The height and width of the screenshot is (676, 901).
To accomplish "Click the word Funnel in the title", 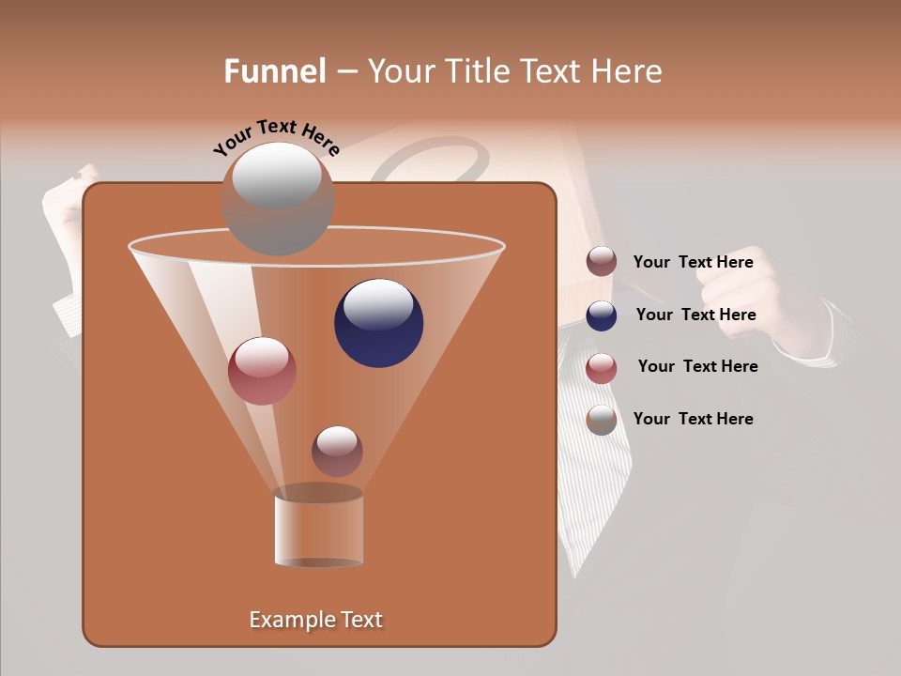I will (x=274, y=71).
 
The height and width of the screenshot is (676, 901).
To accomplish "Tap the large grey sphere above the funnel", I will (x=278, y=198).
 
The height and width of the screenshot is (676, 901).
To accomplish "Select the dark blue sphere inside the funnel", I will (x=378, y=323).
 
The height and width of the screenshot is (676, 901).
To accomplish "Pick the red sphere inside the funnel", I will (x=262, y=371).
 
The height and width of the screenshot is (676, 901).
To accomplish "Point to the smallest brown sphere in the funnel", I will (x=337, y=451).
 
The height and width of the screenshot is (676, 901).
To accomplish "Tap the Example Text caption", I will (x=315, y=620).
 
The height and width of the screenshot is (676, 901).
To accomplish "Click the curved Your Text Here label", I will (x=276, y=137).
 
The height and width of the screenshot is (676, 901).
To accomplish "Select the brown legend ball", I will (x=602, y=262).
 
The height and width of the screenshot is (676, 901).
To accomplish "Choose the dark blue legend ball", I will (x=602, y=315).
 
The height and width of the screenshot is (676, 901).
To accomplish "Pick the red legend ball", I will (x=602, y=368).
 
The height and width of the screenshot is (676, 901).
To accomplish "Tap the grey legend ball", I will (x=602, y=420).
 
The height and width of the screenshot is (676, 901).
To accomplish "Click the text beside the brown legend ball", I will (x=693, y=262).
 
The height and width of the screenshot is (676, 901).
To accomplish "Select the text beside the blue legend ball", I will (x=695, y=315).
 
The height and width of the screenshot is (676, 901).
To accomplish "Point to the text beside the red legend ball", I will (x=697, y=366).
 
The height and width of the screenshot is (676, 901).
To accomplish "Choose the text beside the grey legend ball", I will (x=693, y=419).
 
